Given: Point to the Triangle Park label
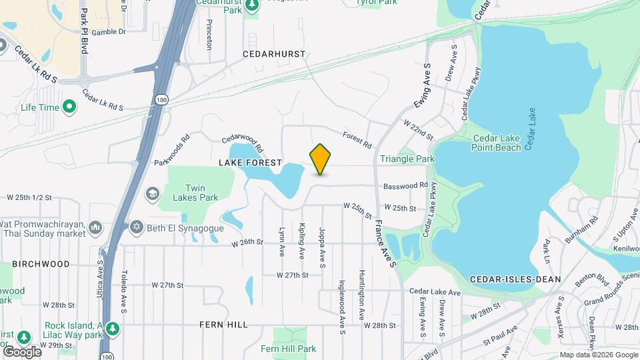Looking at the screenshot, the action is click(x=407, y=159).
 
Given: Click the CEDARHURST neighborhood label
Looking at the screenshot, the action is click(x=274, y=53).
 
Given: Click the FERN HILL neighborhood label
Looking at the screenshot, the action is click(x=223, y=325).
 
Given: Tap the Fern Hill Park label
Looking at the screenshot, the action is click(x=288, y=349).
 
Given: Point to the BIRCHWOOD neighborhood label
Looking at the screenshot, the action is click(x=41, y=264).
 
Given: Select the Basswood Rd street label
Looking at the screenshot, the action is click(x=405, y=185).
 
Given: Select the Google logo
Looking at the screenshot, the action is click(x=22, y=351).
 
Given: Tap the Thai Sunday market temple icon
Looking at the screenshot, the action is click(x=95, y=228).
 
